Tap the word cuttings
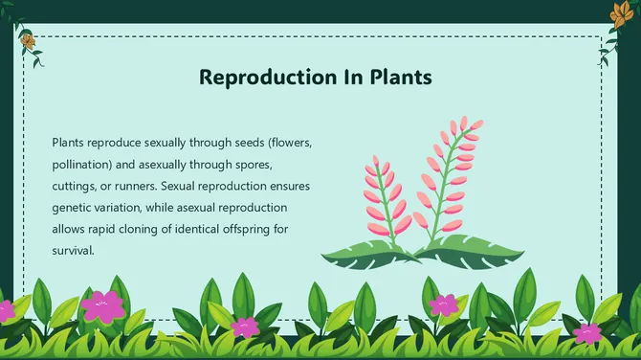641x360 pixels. pyautogui.click(x=77, y=186)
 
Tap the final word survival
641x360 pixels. pyautogui.click(x=73, y=252)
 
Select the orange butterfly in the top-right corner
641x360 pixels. pyautogui.click(x=618, y=12)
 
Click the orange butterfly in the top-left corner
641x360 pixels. pyautogui.click(x=29, y=41)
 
